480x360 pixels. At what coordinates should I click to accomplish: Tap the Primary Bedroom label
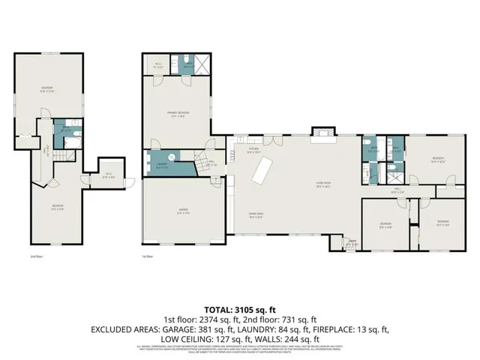pyautogui.click(x=178, y=113)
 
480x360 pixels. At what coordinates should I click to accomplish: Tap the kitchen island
pyautogui.click(x=262, y=173)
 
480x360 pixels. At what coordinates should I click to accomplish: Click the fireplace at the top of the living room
pyautogui.click(x=321, y=133)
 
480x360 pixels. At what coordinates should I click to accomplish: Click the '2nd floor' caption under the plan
pyautogui.click(x=35, y=256)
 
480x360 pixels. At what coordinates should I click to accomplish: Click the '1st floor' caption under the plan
pyautogui.click(x=148, y=256)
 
